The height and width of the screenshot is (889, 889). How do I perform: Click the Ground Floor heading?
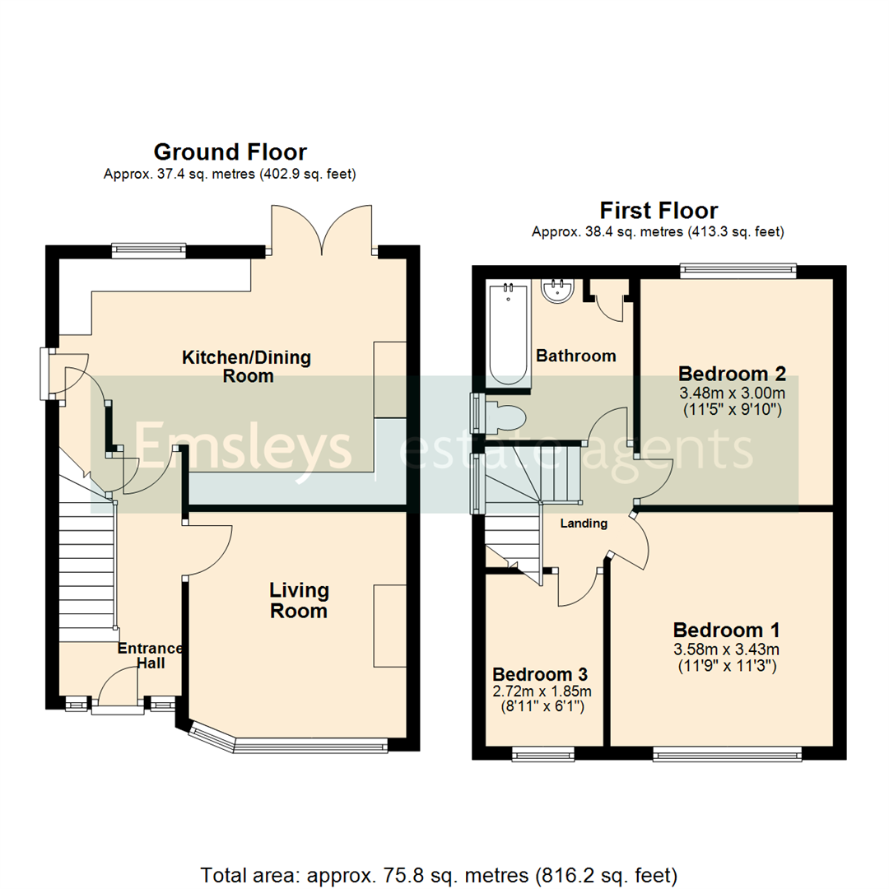(x=230, y=152)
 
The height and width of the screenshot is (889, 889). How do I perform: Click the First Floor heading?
(x=658, y=211)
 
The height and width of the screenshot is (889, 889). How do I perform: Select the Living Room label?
(x=299, y=600)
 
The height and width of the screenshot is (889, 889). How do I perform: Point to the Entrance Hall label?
(x=150, y=656)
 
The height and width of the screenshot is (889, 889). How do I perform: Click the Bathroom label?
(x=575, y=356)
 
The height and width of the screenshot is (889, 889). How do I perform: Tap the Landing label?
(x=584, y=524)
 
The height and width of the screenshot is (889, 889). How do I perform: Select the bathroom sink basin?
(x=558, y=291)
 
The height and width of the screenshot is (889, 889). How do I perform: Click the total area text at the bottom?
(x=440, y=873)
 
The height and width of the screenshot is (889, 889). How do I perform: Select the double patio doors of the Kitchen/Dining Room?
(x=323, y=230)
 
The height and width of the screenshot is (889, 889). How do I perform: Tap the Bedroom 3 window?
(x=543, y=753)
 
